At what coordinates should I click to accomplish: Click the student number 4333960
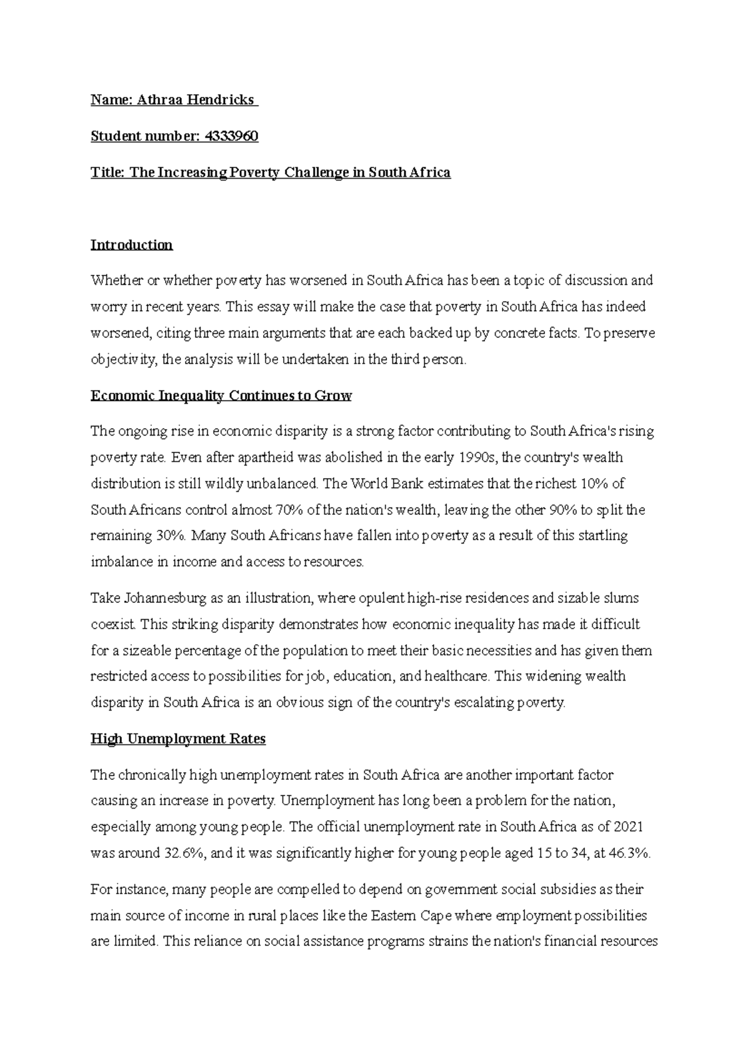231,136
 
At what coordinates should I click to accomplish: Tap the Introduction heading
131,245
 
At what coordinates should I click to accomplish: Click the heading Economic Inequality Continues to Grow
221,396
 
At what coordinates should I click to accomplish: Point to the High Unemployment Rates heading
178,739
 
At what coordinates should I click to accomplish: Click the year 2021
629,827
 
